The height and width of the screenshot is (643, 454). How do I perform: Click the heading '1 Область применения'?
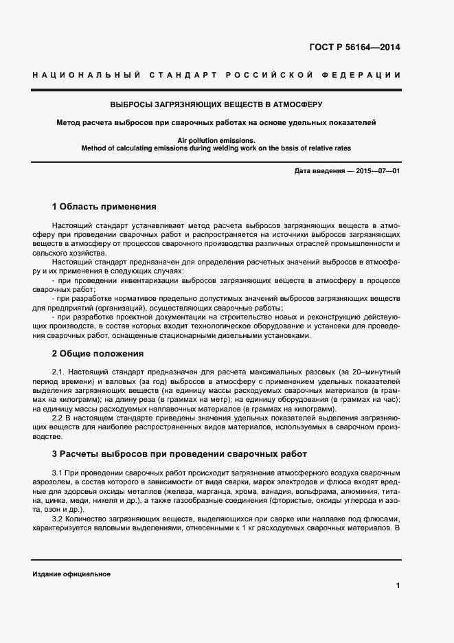click(104, 206)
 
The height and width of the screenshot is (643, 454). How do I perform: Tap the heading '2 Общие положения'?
click(98, 354)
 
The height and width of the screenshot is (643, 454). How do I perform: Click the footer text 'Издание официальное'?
click(71, 574)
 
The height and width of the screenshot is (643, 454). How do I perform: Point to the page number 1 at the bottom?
click(398, 585)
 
